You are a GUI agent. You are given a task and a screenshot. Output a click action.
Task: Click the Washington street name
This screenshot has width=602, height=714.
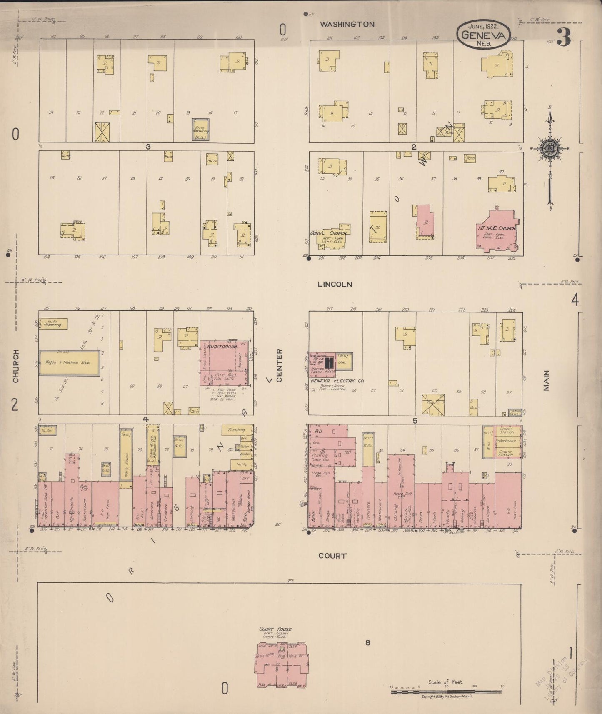(x=347, y=25)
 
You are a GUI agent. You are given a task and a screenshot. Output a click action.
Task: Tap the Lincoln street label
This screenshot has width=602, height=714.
(x=335, y=285)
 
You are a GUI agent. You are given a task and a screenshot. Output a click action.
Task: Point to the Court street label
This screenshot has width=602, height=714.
(x=332, y=556)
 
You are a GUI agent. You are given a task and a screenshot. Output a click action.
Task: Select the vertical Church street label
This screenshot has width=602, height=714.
(x=16, y=367)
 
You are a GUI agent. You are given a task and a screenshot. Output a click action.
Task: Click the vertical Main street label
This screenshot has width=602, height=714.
(x=546, y=380)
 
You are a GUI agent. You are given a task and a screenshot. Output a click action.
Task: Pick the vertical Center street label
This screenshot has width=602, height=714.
(x=279, y=365)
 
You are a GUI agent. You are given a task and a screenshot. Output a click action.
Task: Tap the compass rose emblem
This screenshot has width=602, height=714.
(x=550, y=149)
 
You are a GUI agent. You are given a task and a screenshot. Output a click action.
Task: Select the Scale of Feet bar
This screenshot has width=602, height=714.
(x=446, y=692)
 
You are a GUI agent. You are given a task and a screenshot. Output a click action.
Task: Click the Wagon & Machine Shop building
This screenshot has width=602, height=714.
(x=69, y=363)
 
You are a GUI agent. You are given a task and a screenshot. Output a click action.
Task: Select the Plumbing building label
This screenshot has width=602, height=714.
(x=236, y=429)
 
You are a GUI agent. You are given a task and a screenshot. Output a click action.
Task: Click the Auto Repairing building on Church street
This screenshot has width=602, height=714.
(x=52, y=323)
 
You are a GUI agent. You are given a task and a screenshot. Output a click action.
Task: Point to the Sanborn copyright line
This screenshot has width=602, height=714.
(x=446, y=697)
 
